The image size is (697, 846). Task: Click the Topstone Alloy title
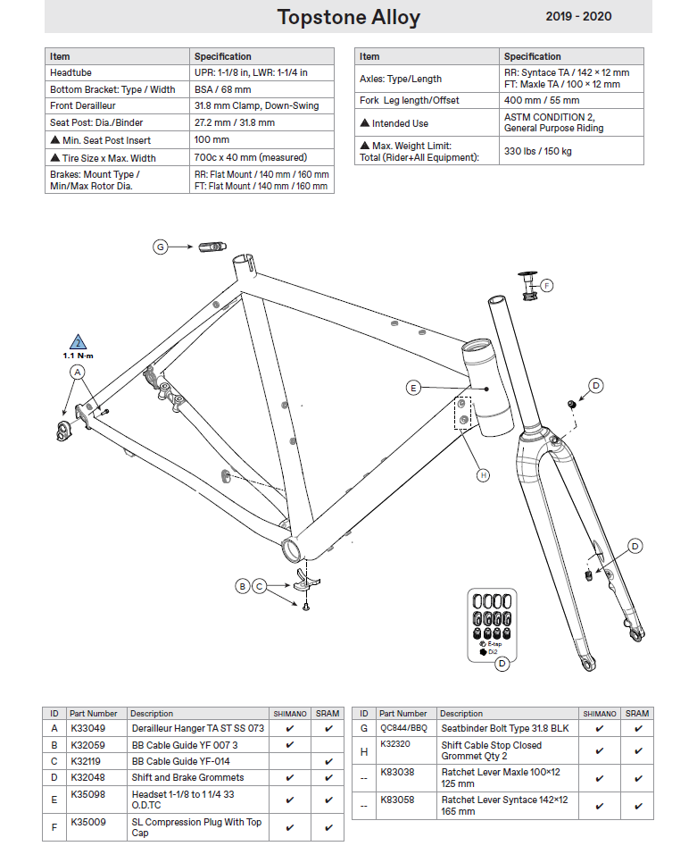tap(348, 17)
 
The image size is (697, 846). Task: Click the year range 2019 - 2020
tap(578, 16)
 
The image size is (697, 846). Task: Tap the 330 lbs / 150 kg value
tap(538, 151)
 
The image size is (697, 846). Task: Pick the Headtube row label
tap(71, 72)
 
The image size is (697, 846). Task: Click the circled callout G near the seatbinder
tap(161, 247)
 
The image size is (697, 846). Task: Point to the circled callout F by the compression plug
tap(547, 286)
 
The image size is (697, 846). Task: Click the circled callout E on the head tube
tap(413, 388)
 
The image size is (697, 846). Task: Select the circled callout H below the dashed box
tap(483, 475)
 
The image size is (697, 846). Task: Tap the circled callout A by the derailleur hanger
tap(78, 371)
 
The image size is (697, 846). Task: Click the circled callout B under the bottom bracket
tap(242, 586)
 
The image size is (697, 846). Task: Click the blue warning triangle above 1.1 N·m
tap(79, 342)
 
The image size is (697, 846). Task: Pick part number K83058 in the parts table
tap(397, 800)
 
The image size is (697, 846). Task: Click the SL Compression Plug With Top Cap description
tap(196, 827)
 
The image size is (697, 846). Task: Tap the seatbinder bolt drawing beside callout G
tap(212, 246)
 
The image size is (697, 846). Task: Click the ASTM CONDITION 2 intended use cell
tap(549, 122)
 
